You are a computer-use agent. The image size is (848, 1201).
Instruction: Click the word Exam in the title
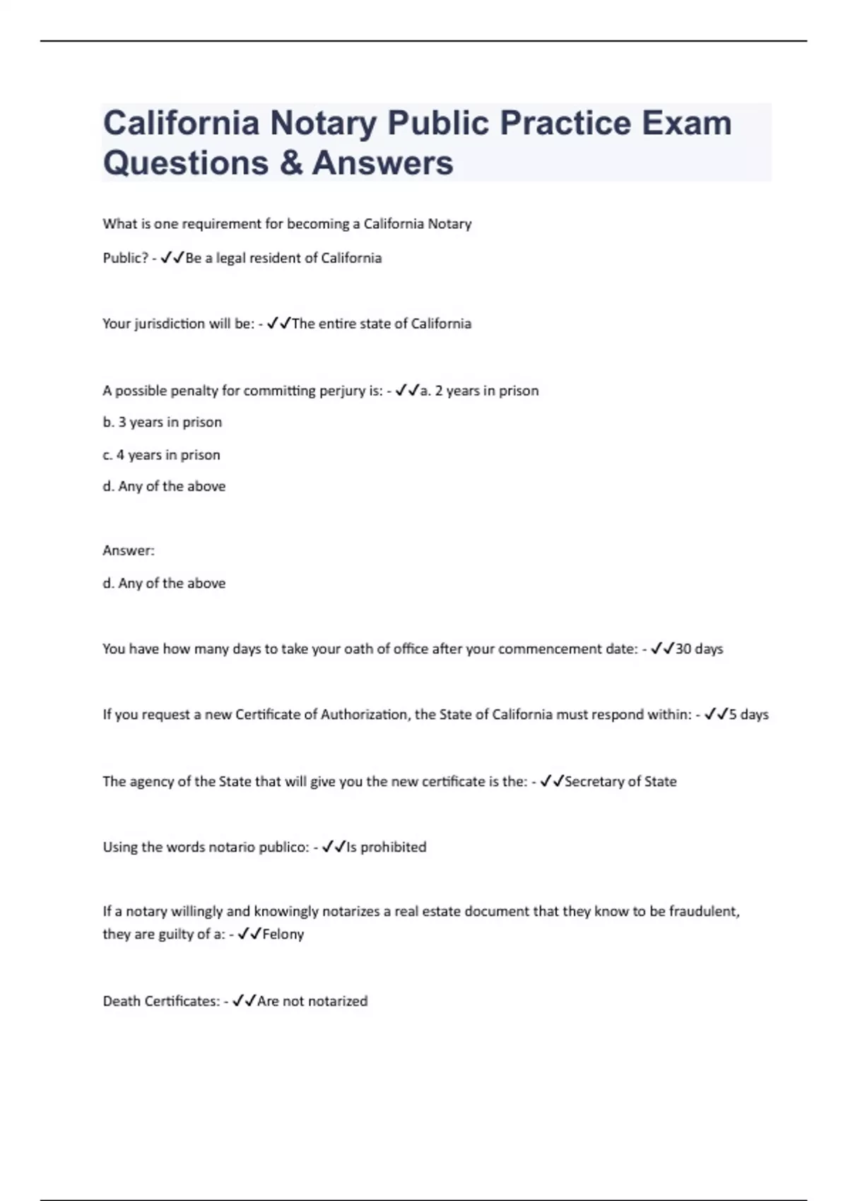(x=686, y=123)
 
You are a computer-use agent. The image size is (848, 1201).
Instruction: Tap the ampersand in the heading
(x=290, y=163)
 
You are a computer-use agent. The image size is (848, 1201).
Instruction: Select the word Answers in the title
(x=382, y=163)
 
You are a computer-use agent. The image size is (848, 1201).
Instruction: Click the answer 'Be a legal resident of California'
(x=283, y=258)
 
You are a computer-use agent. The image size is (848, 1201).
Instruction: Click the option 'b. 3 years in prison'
(x=163, y=422)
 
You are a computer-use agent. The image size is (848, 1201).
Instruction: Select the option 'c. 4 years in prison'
(x=162, y=455)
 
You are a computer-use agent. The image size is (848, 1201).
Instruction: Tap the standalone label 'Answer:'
(x=129, y=550)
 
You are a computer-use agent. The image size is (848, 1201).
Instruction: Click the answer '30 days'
(x=699, y=649)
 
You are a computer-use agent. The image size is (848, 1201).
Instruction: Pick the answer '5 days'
(x=748, y=714)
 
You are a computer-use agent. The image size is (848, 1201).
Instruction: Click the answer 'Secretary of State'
(x=620, y=781)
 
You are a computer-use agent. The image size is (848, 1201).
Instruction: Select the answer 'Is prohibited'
(x=386, y=847)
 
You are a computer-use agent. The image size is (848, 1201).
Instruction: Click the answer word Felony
(x=283, y=934)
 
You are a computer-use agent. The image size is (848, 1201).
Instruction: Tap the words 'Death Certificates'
(x=161, y=1001)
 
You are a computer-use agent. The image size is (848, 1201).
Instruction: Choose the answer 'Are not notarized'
(x=312, y=1001)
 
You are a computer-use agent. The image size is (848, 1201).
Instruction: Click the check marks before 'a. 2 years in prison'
(x=407, y=390)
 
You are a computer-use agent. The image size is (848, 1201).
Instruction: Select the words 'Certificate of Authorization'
(x=321, y=714)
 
